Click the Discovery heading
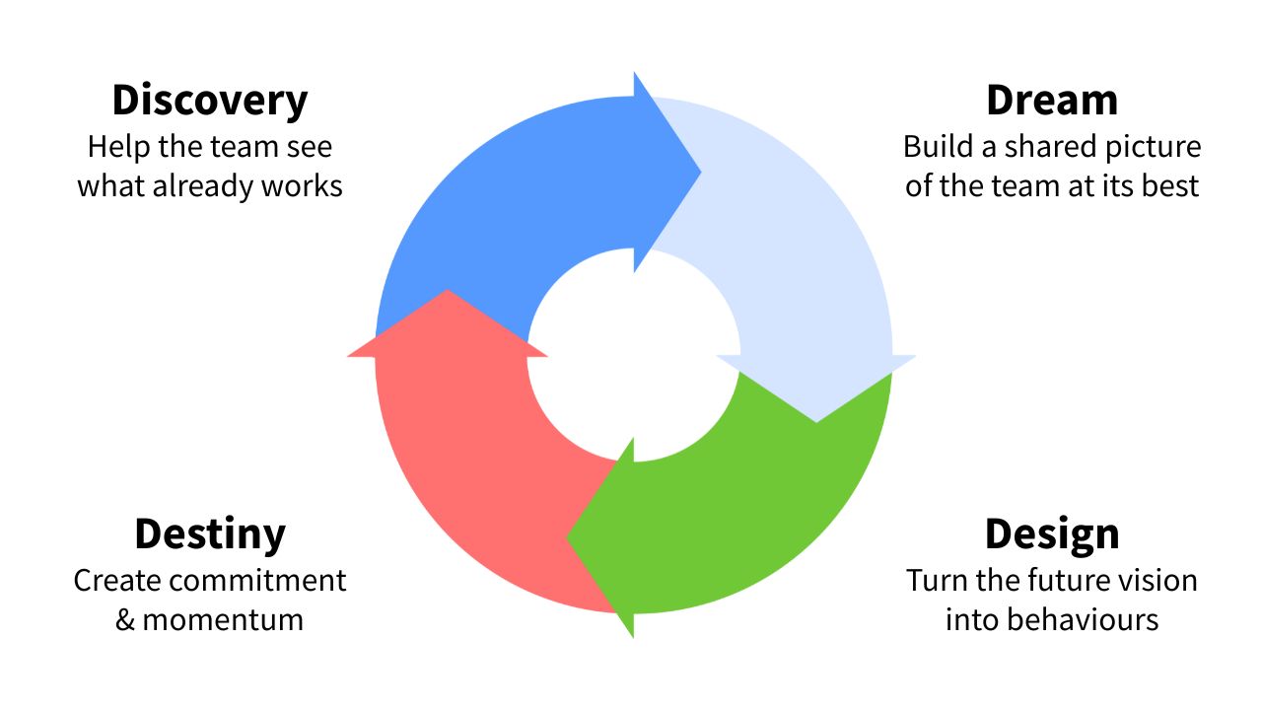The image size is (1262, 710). pyautogui.click(x=209, y=101)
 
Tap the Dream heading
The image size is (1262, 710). pyautogui.click(x=1051, y=101)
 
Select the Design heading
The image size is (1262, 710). pyautogui.click(x=1051, y=533)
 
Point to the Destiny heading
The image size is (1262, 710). pyautogui.click(x=209, y=533)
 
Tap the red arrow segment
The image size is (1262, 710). pyautogui.click(x=463, y=463)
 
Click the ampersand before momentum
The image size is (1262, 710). pyautogui.click(x=125, y=619)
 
